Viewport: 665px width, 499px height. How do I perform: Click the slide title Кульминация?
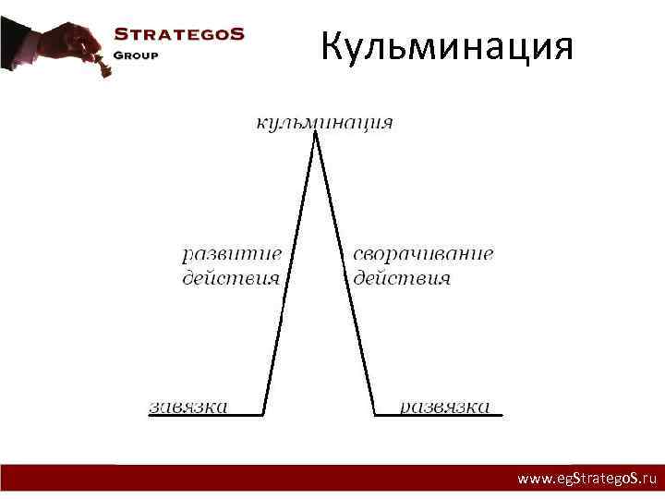click(x=447, y=45)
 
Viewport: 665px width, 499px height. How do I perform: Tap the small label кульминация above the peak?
click(x=323, y=122)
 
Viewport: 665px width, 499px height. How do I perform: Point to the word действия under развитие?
click(x=230, y=277)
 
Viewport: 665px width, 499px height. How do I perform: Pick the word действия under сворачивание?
click(x=401, y=277)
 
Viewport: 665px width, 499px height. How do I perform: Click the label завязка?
click(x=188, y=407)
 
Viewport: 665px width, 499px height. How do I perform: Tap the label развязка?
click(x=444, y=407)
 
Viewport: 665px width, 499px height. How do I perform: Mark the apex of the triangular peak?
click(x=317, y=133)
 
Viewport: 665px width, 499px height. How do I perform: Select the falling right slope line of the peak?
click(x=345, y=268)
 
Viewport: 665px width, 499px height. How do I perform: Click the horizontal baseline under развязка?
click(x=439, y=416)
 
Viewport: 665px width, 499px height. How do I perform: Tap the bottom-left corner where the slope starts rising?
click(x=265, y=415)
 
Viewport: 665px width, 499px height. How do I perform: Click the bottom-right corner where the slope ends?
click(x=375, y=415)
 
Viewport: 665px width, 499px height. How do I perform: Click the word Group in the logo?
click(x=136, y=55)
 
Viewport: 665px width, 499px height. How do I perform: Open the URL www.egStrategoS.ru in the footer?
click(x=586, y=479)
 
